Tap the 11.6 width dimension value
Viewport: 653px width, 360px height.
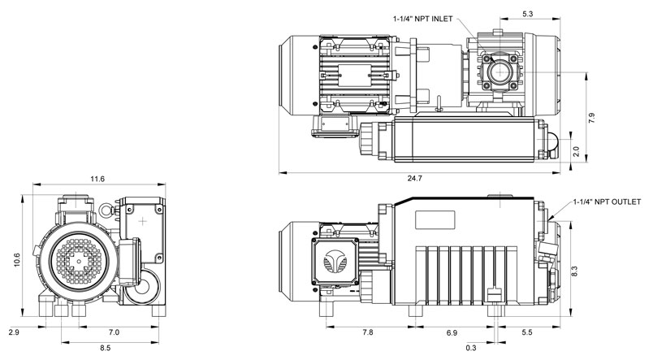(x=99, y=178)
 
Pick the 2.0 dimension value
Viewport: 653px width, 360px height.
(x=576, y=151)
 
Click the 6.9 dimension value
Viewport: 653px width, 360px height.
(x=451, y=332)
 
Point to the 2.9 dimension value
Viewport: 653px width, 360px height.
(x=13, y=332)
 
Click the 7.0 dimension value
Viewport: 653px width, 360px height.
(x=114, y=332)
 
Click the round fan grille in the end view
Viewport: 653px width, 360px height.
(x=79, y=261)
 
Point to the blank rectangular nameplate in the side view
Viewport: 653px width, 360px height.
(x=436, y=220)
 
